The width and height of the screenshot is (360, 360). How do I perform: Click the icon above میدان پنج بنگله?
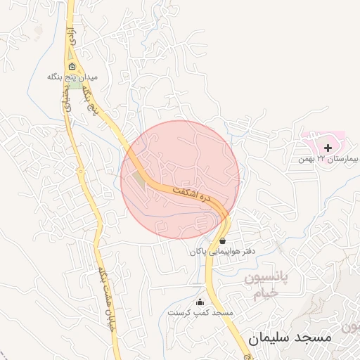point(72,67)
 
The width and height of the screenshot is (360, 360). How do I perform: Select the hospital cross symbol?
point(328,147)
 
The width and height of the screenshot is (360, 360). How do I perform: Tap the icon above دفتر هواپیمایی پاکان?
point(222,240)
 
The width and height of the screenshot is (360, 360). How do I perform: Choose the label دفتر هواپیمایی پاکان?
point(221,250)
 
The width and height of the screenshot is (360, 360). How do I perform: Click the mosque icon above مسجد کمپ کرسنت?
point(200,302)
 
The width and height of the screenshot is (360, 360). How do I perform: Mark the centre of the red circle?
point(180,179)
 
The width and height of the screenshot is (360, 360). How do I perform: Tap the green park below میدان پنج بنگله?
point(73,85)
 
